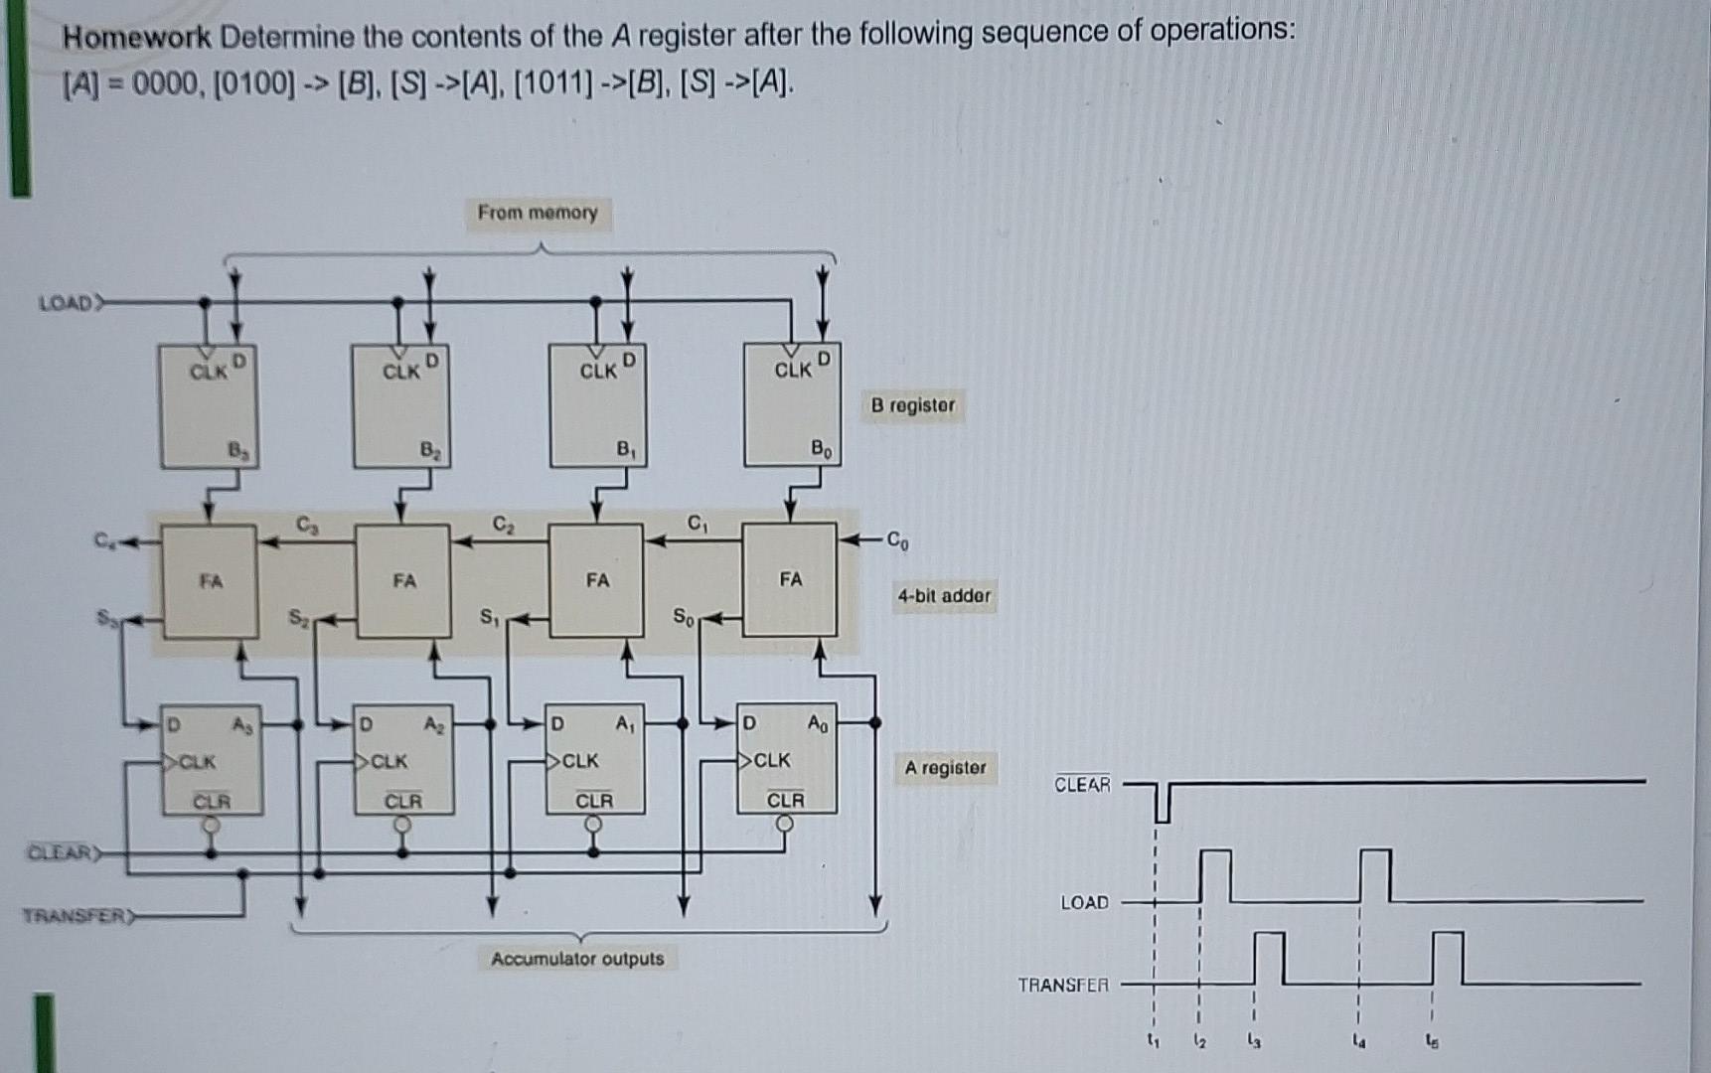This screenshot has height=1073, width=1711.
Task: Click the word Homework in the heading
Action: click(137, 38)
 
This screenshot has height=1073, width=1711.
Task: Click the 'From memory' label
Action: click(538, 213)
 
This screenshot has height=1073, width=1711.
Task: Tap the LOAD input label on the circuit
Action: click(66, 303)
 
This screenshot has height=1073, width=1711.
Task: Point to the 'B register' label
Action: click(912, 405)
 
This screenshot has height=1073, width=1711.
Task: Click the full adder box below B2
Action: click(402, 581)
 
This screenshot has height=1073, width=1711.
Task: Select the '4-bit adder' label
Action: click(944, 596)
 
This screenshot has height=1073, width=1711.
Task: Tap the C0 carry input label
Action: click(896, 541)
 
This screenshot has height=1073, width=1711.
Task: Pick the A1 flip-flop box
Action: click(594, 760)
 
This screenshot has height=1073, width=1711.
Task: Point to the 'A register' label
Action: click(945, 768)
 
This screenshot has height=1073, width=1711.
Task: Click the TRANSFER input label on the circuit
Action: click(76, 915)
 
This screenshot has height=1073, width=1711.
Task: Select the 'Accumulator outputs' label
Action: click(577, 959)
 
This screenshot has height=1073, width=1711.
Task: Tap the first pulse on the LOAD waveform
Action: click(1215, 874)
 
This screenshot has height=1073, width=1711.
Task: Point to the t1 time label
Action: click(1153, 1041)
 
